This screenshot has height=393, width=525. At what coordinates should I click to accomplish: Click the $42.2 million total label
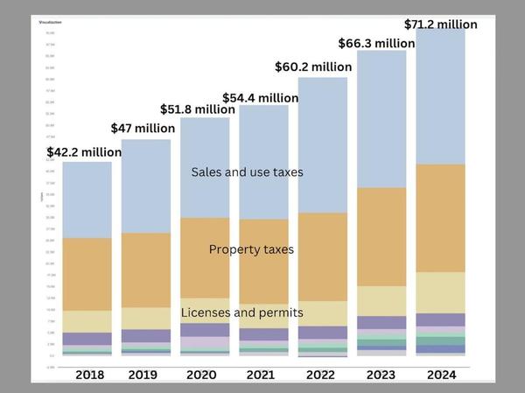pos(84,152)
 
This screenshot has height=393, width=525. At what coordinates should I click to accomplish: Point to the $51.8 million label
pos(198,109)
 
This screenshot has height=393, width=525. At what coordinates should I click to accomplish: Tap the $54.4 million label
pos(261,97)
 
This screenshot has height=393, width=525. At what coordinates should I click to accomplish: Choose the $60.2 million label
pos(312,67)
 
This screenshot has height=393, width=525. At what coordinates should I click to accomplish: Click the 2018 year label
pos(87,375)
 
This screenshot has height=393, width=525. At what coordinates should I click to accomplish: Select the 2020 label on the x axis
pos(205,375)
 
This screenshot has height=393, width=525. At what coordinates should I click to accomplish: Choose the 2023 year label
pos(381,375)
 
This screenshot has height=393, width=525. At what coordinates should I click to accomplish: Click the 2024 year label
pos(440,375)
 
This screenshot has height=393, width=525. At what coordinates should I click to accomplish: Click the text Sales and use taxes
pos(247,172)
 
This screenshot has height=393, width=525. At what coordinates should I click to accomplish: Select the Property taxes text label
pos(251,249)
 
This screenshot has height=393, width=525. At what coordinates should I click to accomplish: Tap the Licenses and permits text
pos(242,312)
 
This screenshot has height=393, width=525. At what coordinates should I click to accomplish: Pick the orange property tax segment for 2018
pos(87,274)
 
